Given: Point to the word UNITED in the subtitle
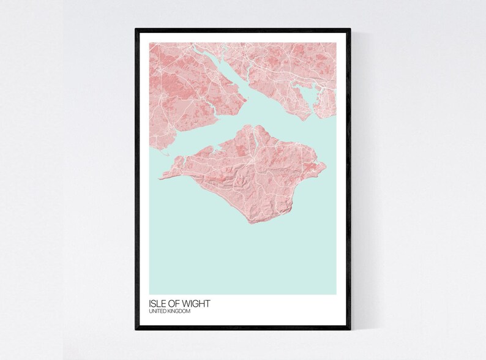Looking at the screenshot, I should tap(158, 312).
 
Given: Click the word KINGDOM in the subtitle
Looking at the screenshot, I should tap(180, 312).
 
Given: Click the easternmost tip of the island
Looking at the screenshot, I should tap(326, 163).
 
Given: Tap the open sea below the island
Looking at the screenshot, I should tap(245, 257).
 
